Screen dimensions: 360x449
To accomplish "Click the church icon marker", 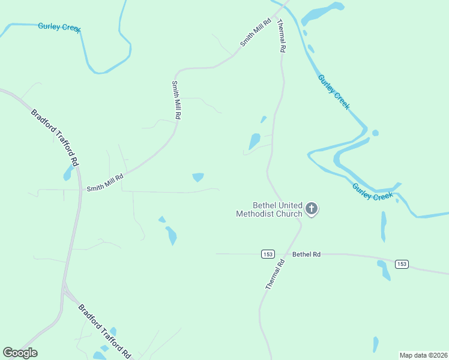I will click(x=312, y=209).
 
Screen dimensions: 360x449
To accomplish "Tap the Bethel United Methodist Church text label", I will click(x=269, y=209).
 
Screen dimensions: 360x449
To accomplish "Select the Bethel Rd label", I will click(x=307, y=254).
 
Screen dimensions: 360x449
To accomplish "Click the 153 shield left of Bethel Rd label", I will click(x=268, y=254).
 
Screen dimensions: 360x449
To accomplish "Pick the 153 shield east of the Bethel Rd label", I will click(x=402, y=264).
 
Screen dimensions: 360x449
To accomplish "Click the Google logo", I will click(x=20, y=353).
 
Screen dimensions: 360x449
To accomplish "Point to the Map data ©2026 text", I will click(x=423, y=355).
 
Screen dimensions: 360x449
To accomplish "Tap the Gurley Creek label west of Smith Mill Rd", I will click(x=59, y=27).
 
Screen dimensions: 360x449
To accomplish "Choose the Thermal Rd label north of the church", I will click(x=280, y=36).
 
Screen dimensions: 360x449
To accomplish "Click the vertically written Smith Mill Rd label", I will click(x=176, y=100).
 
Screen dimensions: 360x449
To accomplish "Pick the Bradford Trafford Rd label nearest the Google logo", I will click(x=105, y=331).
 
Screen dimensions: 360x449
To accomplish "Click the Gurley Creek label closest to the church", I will click(x=373, y=192).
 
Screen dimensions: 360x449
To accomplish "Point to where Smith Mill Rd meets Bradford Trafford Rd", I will click(x=80, y=190).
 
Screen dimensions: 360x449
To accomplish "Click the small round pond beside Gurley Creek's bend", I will click(x=375, y=133).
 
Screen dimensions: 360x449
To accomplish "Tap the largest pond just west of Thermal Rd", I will click(x=255, y=142).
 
